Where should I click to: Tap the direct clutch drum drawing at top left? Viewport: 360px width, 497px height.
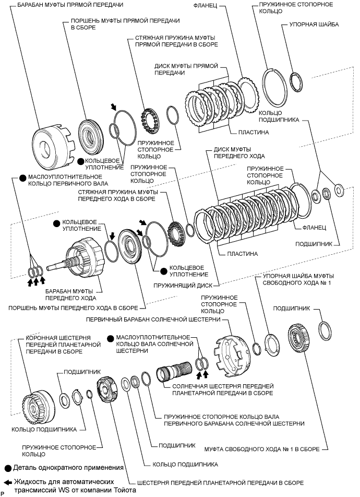(54, 146)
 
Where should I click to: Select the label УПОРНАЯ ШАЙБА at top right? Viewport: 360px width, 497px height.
(314, 25)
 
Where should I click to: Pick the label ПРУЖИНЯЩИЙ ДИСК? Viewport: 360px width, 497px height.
(183, 285)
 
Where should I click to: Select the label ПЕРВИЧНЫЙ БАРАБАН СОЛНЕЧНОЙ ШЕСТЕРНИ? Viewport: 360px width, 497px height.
(153, 319)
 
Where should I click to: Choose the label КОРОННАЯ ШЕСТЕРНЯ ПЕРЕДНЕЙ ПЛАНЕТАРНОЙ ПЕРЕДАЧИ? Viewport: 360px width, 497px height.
(63, 345)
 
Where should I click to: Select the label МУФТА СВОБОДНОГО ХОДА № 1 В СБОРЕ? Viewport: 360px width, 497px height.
(262, 449)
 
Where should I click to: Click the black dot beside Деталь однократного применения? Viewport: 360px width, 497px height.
(8, 468)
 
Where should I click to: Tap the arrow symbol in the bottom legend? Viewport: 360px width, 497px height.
(9, 482)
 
